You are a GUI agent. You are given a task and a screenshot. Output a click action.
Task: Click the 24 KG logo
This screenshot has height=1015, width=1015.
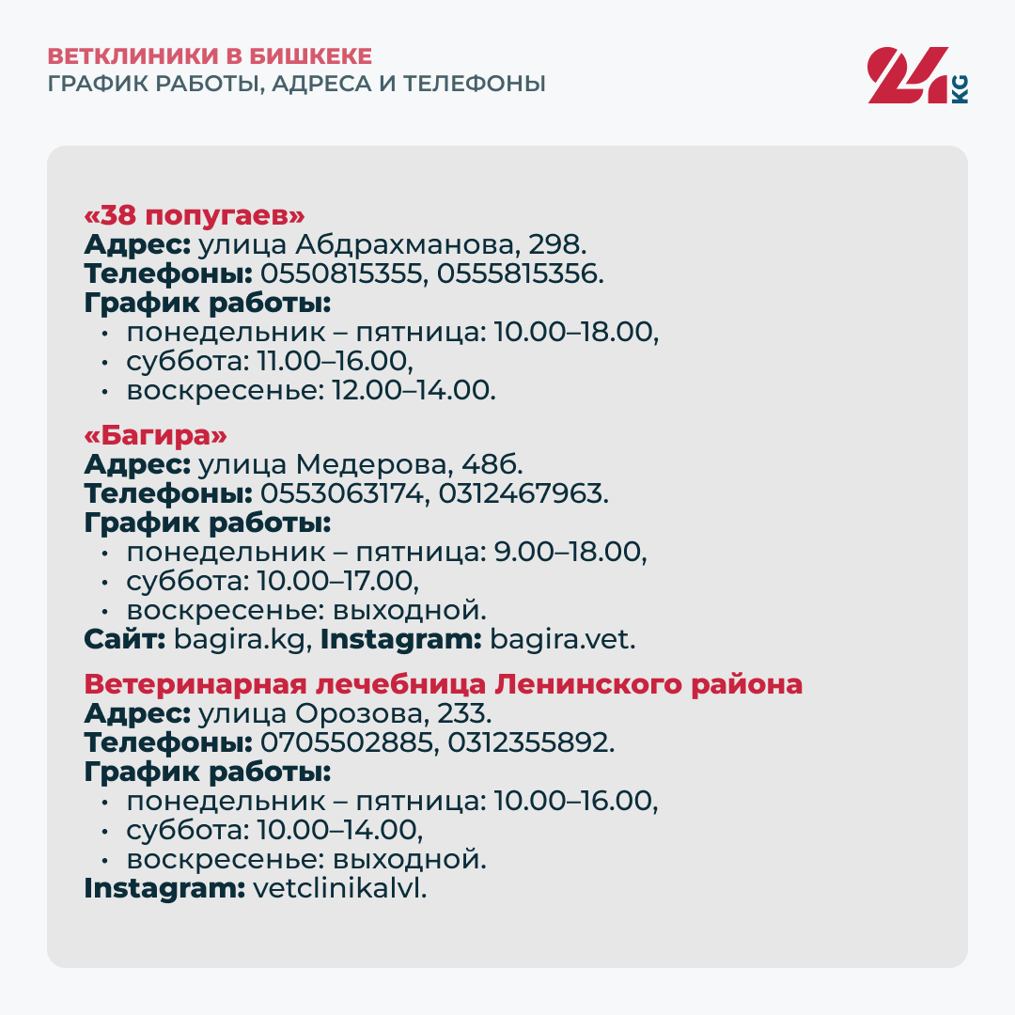coord(917,75)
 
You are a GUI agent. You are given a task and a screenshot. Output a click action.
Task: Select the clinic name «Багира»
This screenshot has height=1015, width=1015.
coord(156,437)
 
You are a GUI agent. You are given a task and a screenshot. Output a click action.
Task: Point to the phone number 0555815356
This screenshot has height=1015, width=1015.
coord(518,274)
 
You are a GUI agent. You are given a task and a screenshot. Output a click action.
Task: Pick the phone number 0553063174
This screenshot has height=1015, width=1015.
coord(341,494)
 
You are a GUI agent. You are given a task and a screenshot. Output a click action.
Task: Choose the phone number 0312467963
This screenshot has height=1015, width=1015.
coord(521,494)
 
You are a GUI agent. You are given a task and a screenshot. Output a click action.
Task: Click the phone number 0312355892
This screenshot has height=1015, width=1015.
coord(531,743)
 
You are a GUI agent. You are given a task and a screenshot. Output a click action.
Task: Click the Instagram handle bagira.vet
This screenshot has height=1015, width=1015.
coord(563,641)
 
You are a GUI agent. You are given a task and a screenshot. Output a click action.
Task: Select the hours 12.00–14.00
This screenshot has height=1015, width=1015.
coord(413,391)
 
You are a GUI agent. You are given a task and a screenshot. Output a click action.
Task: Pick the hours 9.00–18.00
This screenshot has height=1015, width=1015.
coord(570,553)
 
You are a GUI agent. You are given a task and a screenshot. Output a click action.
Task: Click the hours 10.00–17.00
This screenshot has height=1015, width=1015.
coord(336,582)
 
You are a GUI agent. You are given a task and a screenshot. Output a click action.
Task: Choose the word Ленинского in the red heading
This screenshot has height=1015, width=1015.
coord(592,684)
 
